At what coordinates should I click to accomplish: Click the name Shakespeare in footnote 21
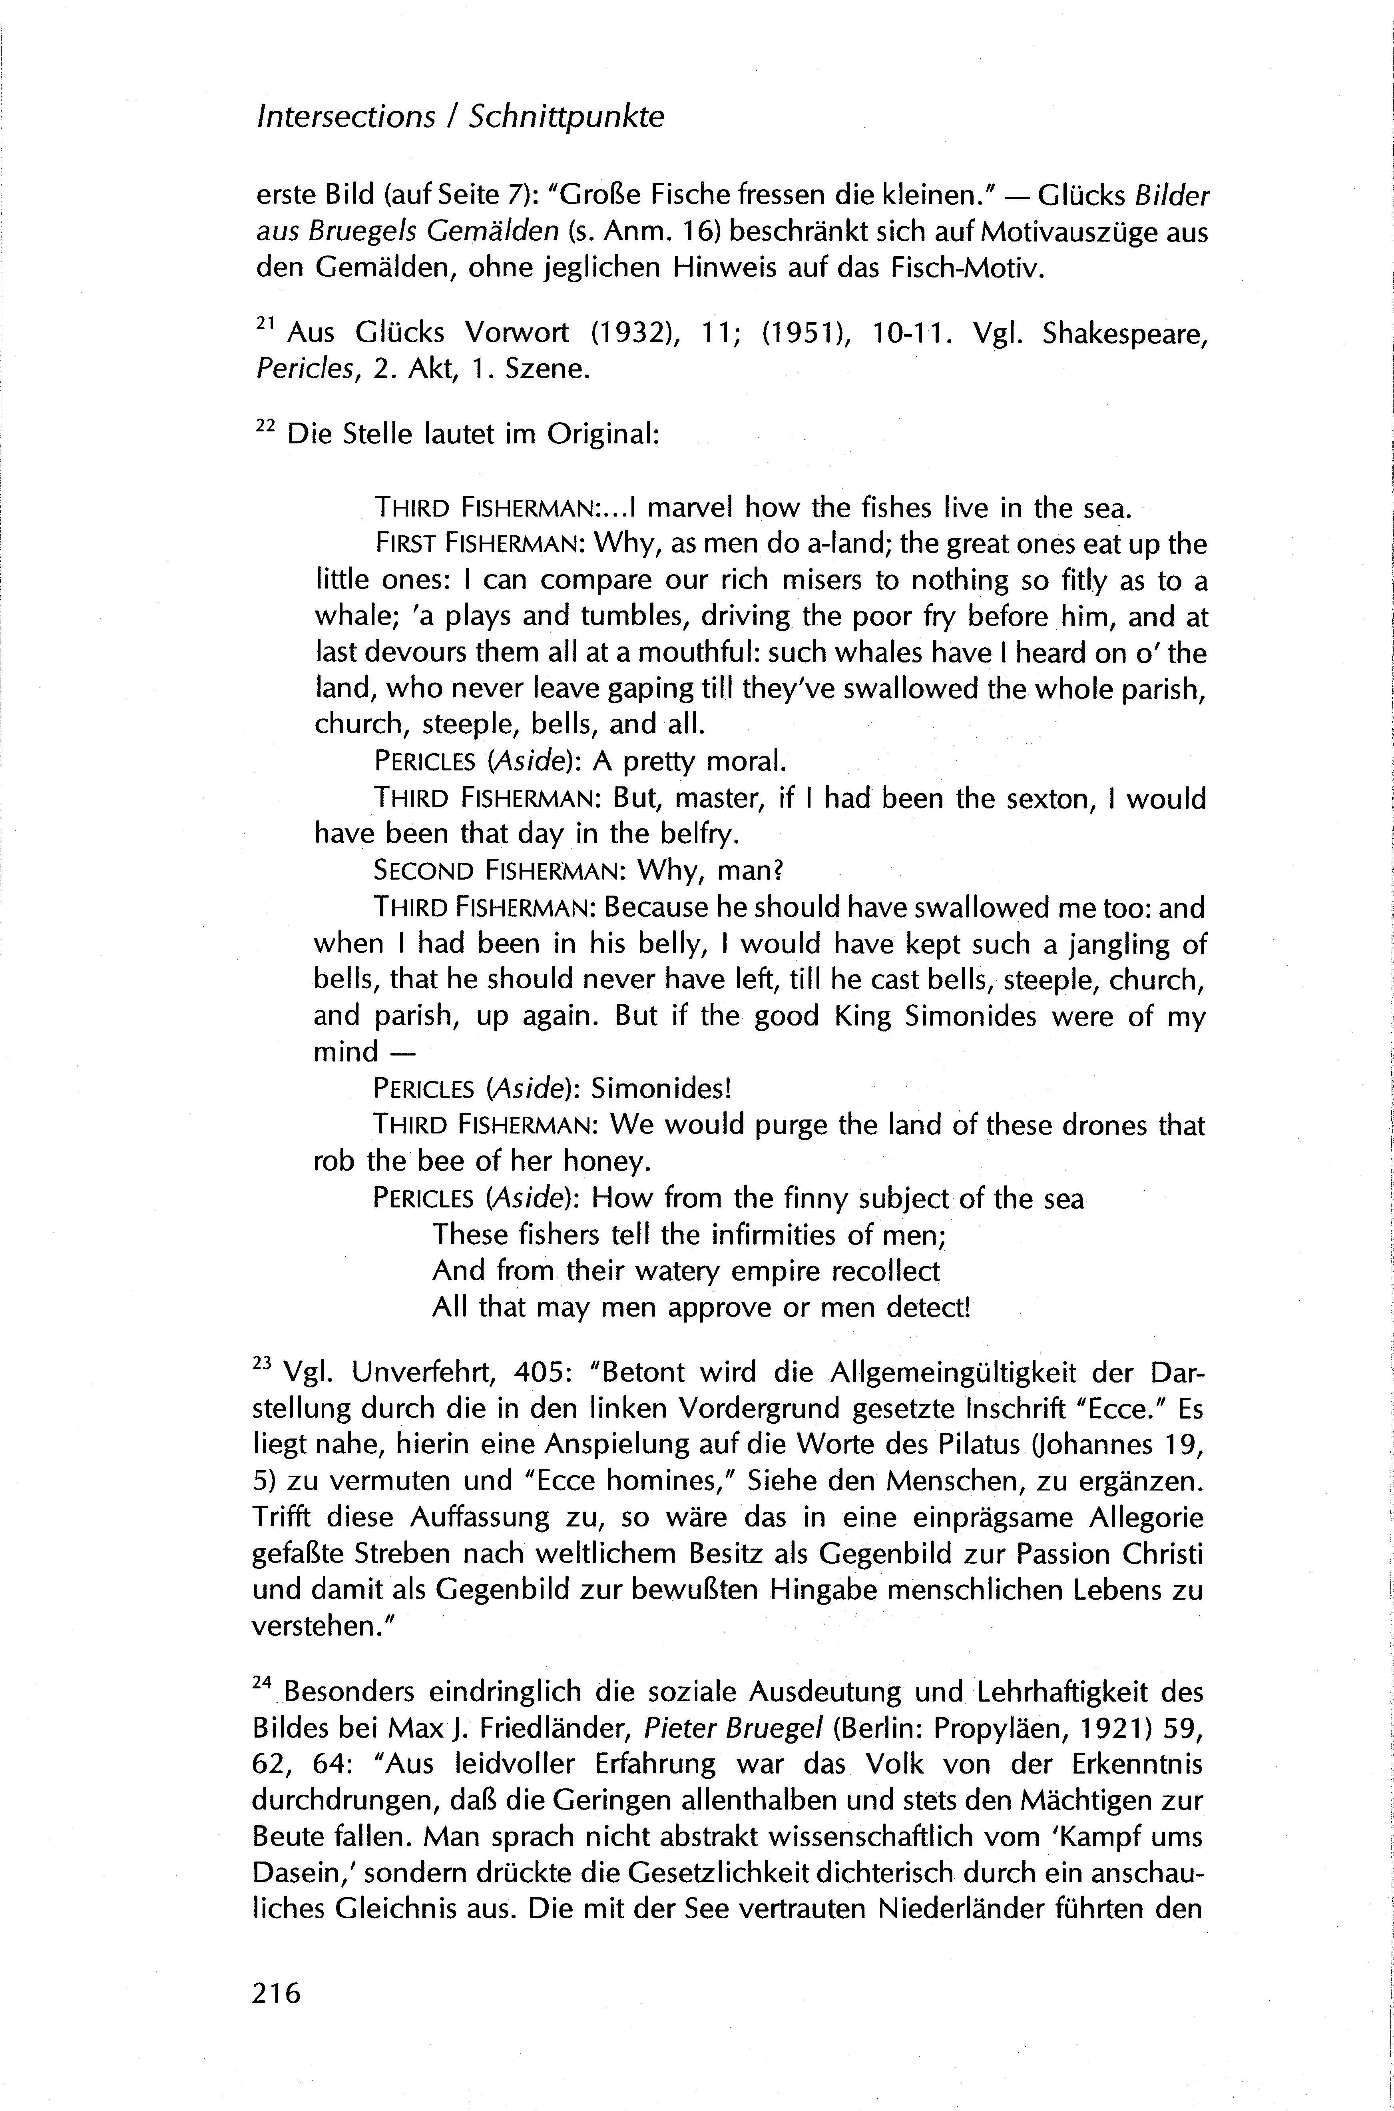(1125, 334)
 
